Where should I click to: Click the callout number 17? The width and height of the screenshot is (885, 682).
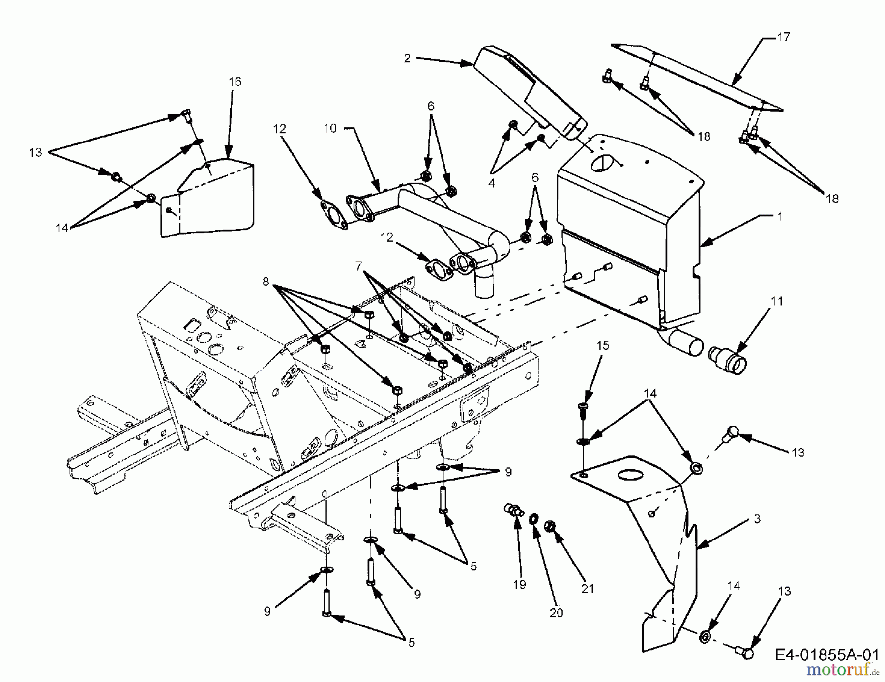coord(783,37)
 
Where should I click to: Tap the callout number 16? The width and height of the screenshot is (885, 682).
coord(235,82)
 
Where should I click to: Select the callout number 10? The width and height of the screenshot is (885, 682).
coord(330,128)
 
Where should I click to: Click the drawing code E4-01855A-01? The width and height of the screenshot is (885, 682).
coord(826,655)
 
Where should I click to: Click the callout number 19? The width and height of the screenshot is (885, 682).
coord(519,584)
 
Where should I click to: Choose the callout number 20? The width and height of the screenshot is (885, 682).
coord(556,613)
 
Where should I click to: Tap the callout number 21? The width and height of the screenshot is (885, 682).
coord(588,588)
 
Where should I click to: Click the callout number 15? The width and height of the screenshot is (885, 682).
coord(603,345)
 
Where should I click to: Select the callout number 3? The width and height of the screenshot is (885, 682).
coord(757,519)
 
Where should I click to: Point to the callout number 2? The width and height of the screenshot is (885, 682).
coord(407,58)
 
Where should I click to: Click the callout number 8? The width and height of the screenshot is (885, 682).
coord(265,282)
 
